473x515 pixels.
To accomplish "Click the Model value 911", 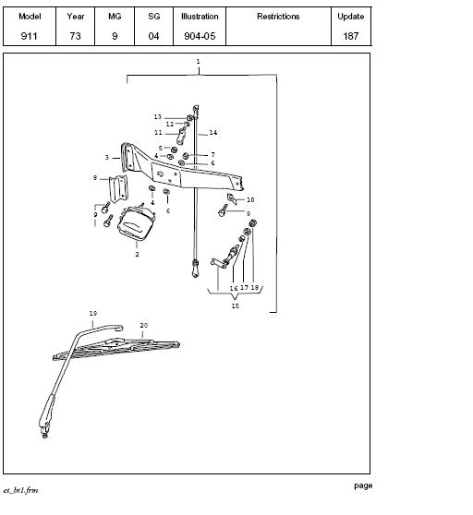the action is (x=29, y=36).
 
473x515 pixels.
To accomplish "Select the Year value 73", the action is (x=75, y=36).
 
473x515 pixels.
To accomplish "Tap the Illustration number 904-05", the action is (x=200, y=36).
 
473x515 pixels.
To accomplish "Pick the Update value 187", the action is (x=351, y=36).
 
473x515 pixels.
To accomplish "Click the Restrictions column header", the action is (x=278, y=17).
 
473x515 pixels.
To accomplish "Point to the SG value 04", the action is (x=153, y=36).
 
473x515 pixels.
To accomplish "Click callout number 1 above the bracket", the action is (x=198, y=62).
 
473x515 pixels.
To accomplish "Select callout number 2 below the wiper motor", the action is (x=137, y=254).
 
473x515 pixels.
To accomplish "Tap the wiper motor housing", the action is (x=136, y=222).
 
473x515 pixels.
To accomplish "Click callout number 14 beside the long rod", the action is (x=213, y=133).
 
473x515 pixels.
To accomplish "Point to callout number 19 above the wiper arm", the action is (x=93, y=313).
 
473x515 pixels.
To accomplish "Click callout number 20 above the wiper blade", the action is (x=143, y=326).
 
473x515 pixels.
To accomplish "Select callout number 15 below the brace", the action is (x=235, y=305).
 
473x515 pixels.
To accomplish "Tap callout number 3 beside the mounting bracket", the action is (x=107, y=158).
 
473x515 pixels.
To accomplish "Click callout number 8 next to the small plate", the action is (x=95, y=178).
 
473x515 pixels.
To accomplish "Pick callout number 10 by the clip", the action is (x=250, y=199).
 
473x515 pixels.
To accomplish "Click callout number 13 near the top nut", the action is (x=158, y=117).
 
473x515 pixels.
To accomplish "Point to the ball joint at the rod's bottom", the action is (x=195, y=269).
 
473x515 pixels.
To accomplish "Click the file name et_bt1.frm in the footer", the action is (x=20, y=490).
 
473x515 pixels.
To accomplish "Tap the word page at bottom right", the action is (x=363, y=485).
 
